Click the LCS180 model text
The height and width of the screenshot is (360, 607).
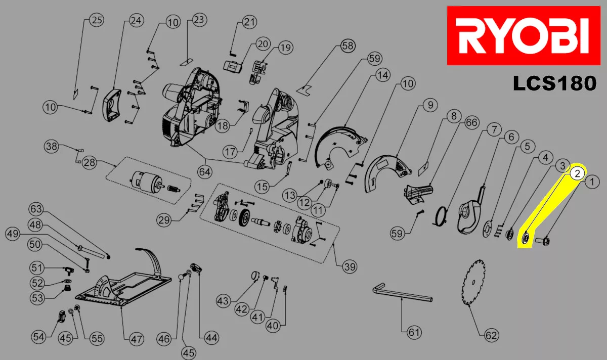coord(554,83)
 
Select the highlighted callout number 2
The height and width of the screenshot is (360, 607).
coord(577,173)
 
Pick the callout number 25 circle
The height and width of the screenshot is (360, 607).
coord(96,20)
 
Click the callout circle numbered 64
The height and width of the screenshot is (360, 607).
coord(205,171)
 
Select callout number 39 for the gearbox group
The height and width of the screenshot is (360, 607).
coord(349,266)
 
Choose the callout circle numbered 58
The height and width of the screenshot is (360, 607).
coord(348,46)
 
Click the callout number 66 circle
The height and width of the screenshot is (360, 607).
coord(471,123)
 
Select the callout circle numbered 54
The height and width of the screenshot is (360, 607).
coord(38,336)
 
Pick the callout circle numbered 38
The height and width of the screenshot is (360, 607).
coord(51,147)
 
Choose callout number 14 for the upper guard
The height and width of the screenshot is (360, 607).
coord(382,75)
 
